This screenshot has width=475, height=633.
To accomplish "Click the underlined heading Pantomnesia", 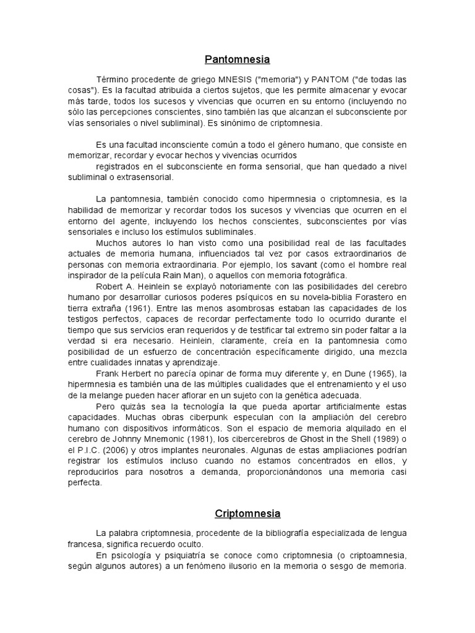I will [x=237, y=60].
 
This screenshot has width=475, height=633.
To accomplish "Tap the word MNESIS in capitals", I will [x=233, y=79].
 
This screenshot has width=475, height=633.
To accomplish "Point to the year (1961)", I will [x=139, y=308].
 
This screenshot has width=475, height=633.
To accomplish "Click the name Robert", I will [x=112, y=286].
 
